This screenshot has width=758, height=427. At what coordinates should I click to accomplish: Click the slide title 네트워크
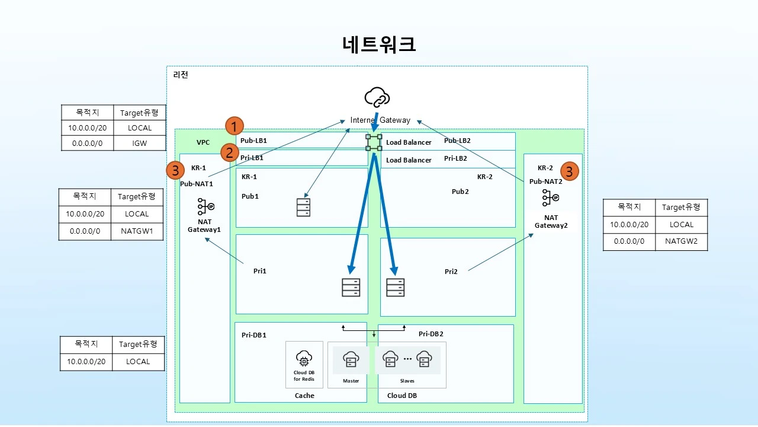pyautogui.click(x=379, y=44)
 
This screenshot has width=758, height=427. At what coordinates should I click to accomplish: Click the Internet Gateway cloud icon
pyautogui.click(x=377, y=97)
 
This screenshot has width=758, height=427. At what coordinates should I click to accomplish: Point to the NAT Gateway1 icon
pyautogui.click(x=205, y=206)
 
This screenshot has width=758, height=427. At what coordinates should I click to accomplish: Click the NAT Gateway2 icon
pyautogui.click(x=551, y=198)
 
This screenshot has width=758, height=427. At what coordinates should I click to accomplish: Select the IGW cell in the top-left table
pyautogui.click(x=140, y=143)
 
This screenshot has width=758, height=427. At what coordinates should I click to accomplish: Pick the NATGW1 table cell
pyautogui.click(x=137, y=231)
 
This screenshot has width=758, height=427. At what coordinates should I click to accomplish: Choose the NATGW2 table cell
pyautogui.click(x=681, y=241)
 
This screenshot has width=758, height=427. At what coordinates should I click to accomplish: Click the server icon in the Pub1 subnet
pyautogui.click(x=303, y=207)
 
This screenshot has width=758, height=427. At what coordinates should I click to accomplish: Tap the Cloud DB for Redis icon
pyautogui.click(x=304, y=359)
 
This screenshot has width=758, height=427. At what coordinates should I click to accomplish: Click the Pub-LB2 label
pyautogui.click(x=457, y=141)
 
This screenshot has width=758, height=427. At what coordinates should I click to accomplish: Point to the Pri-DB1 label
pyautogui.click(x=254, y=335)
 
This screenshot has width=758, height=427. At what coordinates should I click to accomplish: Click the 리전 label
pyautogui.click(x=181, y=75)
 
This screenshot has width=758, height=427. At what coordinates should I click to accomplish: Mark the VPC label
pyautogui.click(x=203, y=142)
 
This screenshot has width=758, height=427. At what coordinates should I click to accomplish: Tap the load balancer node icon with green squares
pyautogui.click(x=374, y=142)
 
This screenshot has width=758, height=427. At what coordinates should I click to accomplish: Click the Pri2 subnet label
pyautogui.click(x=451, y=272)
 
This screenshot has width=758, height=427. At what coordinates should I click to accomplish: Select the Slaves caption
pyautogui.click(x=407, y=381)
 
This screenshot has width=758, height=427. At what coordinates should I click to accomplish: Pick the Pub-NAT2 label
pyautogui.click(x=545, y=181)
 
